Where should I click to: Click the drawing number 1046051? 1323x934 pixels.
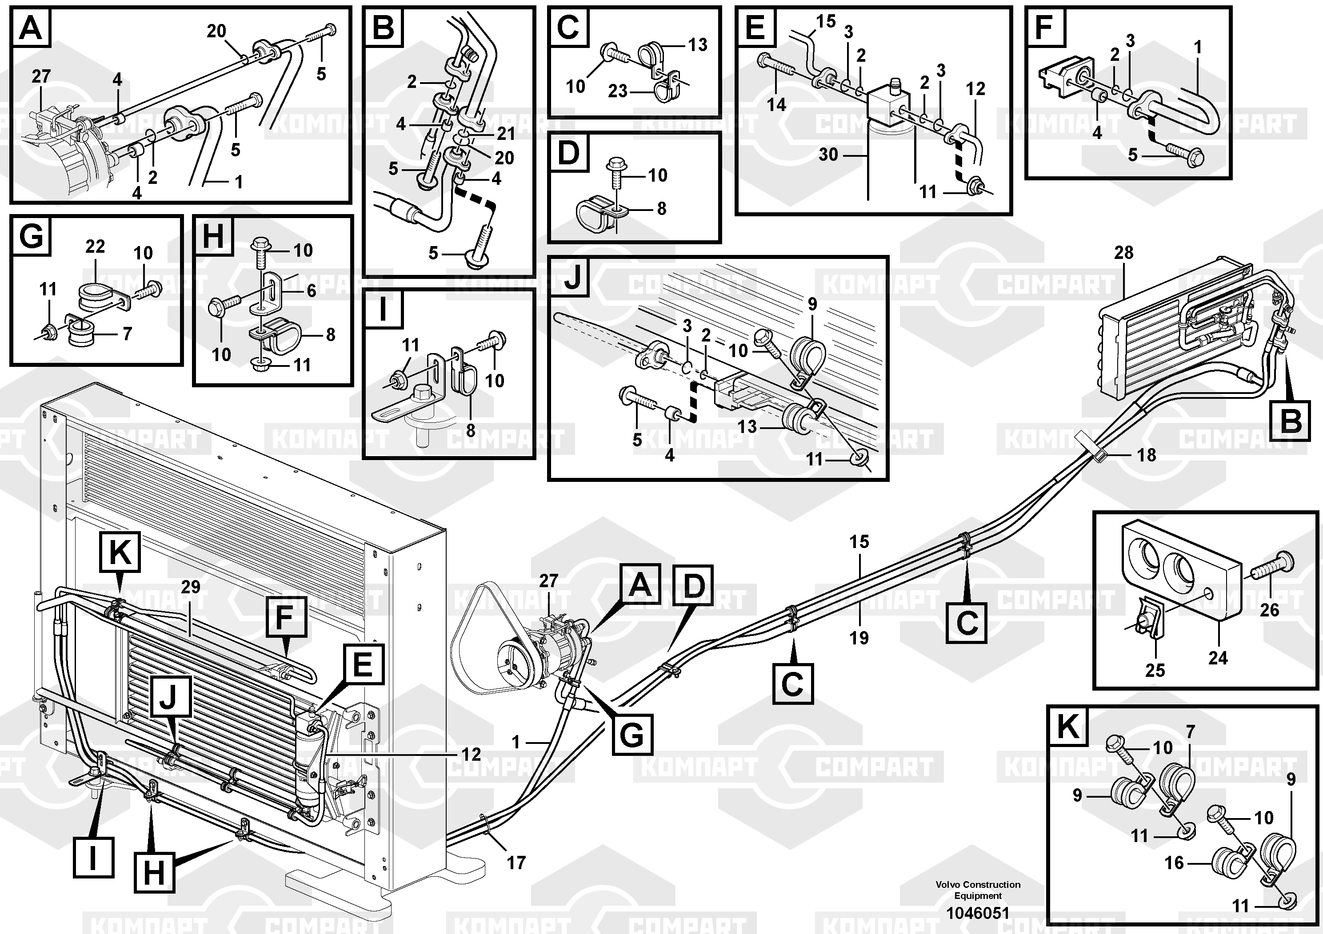click(978, 913)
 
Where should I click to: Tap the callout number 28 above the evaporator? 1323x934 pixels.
click(1123, 252)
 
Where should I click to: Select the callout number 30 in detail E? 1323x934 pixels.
click(828, 154)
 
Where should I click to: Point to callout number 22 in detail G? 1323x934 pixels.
click(95, 246)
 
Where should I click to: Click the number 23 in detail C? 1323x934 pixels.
click(618, 91)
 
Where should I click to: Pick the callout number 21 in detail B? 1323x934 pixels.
click(506, 134)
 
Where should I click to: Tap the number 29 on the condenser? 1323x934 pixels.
click(190, 587)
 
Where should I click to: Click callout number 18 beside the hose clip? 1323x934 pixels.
click(1146, 455)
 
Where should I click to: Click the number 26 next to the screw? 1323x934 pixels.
click(1269, 610)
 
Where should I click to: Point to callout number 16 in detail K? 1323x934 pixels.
click(1174, 862)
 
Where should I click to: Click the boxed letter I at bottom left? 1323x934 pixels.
click(93, 857)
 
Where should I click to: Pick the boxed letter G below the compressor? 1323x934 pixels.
click(632, 735)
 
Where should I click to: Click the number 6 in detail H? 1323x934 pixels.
click(311, 291)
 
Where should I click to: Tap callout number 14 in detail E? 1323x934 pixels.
click(776, 105)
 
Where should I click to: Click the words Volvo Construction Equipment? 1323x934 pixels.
click(978, 890)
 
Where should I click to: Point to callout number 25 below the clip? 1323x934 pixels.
click(1155, 670)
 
